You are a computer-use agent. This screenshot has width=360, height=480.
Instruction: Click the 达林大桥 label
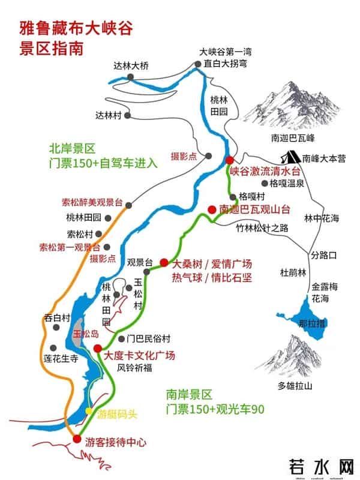point(131,67)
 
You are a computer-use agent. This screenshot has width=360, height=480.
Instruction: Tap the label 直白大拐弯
point(223,62)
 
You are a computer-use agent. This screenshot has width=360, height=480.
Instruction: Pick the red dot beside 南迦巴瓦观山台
point(211,209)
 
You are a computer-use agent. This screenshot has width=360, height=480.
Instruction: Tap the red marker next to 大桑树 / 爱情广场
point(164,262)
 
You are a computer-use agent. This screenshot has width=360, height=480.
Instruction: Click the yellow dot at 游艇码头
point(89,412)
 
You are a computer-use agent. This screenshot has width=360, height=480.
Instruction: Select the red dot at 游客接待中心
point(76,439)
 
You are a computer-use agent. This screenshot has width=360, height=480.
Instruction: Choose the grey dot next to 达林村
point(127,113)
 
